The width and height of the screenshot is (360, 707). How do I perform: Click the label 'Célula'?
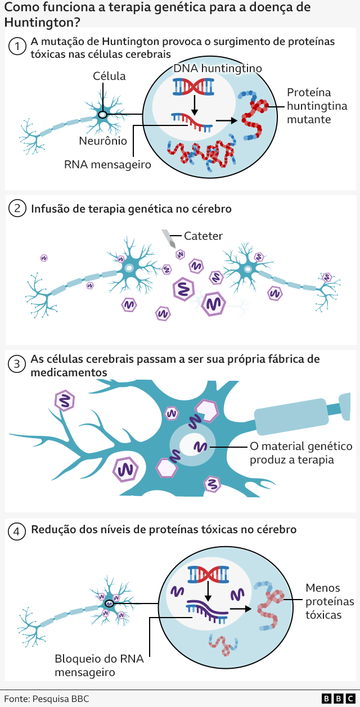coord(109,76)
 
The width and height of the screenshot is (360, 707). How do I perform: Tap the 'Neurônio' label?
coord(103,141)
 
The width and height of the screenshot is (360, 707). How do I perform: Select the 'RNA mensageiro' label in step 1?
coord(107,164)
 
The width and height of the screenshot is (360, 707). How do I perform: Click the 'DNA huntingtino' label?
coord(217,69)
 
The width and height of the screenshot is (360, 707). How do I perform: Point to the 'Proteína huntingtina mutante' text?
coord(317,106)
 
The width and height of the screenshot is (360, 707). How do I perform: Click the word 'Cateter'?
coord(204,236)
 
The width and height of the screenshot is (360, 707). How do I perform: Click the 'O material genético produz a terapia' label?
coord(301,453)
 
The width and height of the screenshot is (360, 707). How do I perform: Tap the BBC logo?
coord(338,699)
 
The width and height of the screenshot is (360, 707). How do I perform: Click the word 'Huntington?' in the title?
coord(42,23)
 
